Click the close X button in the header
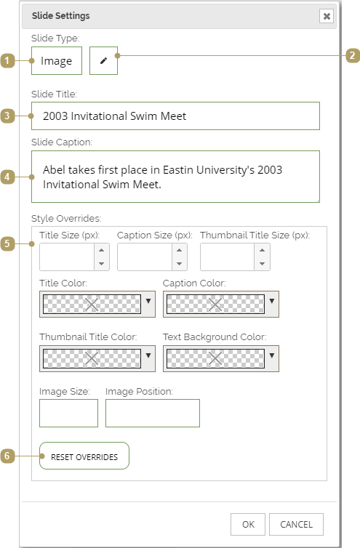coord(327,16)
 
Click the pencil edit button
coord(103,61)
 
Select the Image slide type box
coord(57,61)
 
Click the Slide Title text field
coord(175,116)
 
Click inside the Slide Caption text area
coord(175,177)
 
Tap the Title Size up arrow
coord(102,250)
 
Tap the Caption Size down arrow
coord(180,264)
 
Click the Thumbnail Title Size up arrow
coord(262,250)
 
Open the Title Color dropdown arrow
coord(148,301)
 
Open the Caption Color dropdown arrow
coord(272,301)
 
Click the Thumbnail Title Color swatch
coord(92,358)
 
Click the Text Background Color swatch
coord(215,358)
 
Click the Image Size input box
coord(68,413)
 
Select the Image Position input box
coord(153,413)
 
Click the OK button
coord(248,524)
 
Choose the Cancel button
coord(296,524)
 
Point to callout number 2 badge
coord(353,55)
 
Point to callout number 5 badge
coord(7,244)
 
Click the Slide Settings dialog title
coord(61,16)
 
